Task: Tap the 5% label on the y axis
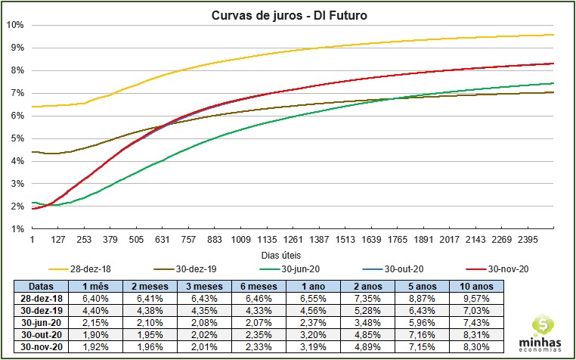tap(17, 138)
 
